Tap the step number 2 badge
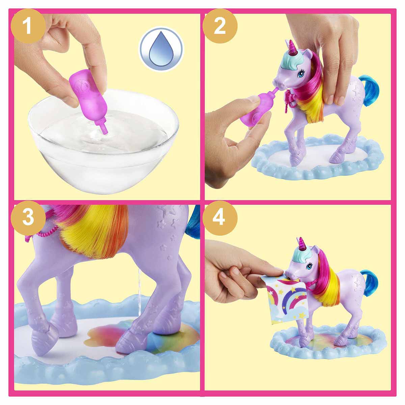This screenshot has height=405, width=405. pyautogui.click(x=220, y=26)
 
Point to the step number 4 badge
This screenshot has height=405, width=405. pyautogui.click(x=220, y=218)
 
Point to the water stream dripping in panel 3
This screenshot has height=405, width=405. pyautogui.click(x=138, y=297)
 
